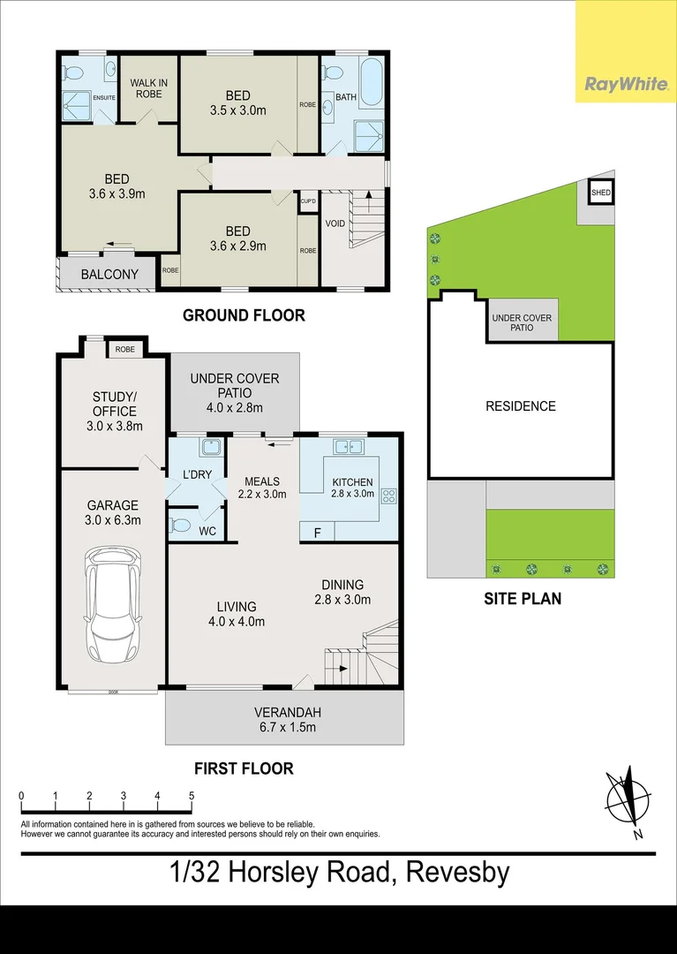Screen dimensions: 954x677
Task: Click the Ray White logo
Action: pos(625,84)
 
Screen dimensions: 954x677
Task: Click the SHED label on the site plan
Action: pos(601,193)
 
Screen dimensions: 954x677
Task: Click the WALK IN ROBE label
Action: pos(148,88)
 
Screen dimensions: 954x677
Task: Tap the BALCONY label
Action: pos(109,274)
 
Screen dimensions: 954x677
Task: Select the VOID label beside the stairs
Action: pos(335,223)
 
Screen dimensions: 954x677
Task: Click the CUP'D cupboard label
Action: pos(309,201)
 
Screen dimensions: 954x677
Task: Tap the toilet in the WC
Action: pos(180,525)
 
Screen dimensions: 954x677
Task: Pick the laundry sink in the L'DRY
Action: pos(209,447)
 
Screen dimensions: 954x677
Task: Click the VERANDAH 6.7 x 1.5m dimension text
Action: pos(285,728)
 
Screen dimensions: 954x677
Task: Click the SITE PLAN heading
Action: pos(523,598)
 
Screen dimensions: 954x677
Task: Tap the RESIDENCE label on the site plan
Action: pos(521,406)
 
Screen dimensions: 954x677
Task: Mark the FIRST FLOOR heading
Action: pos(244,768)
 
